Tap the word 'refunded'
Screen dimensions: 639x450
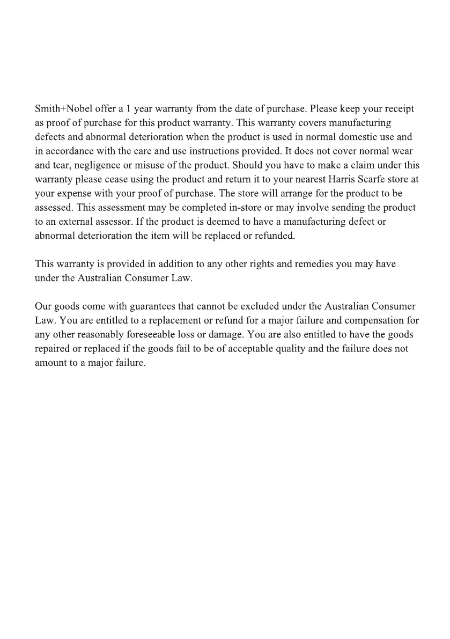276,235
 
